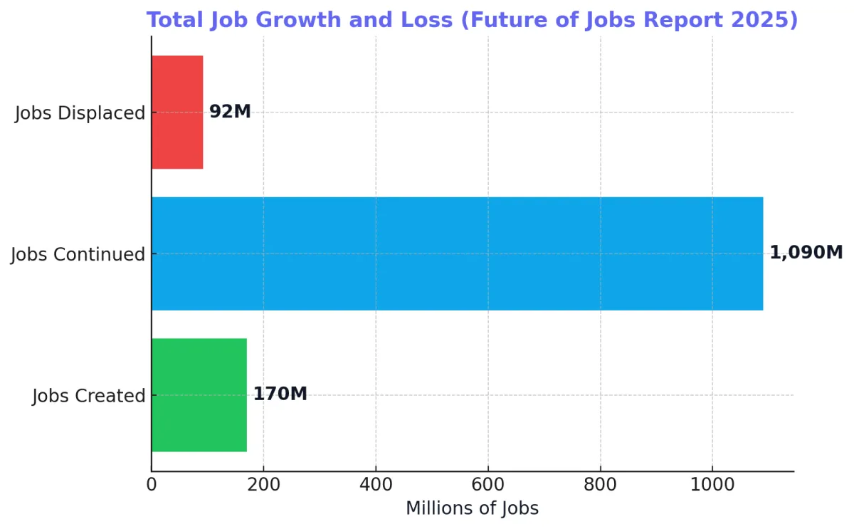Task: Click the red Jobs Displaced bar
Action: [177, 112]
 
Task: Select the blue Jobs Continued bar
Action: [457, 253]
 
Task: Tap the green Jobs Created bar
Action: [199, 394]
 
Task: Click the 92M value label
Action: [230, 112]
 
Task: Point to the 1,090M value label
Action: [806, 253]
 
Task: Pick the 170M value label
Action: [280, 394]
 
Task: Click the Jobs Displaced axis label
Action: [80, 112]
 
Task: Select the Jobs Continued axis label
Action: [78, 254]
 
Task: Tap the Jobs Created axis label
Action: [89, 396]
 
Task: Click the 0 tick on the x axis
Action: [152, 485]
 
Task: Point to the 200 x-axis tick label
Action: [263, 485]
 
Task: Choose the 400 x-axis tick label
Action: [376, 485]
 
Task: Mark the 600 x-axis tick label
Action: [488, 485]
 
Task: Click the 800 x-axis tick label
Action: [601, 485]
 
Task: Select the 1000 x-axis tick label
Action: [712, 485]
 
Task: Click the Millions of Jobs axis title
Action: [472, 508]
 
